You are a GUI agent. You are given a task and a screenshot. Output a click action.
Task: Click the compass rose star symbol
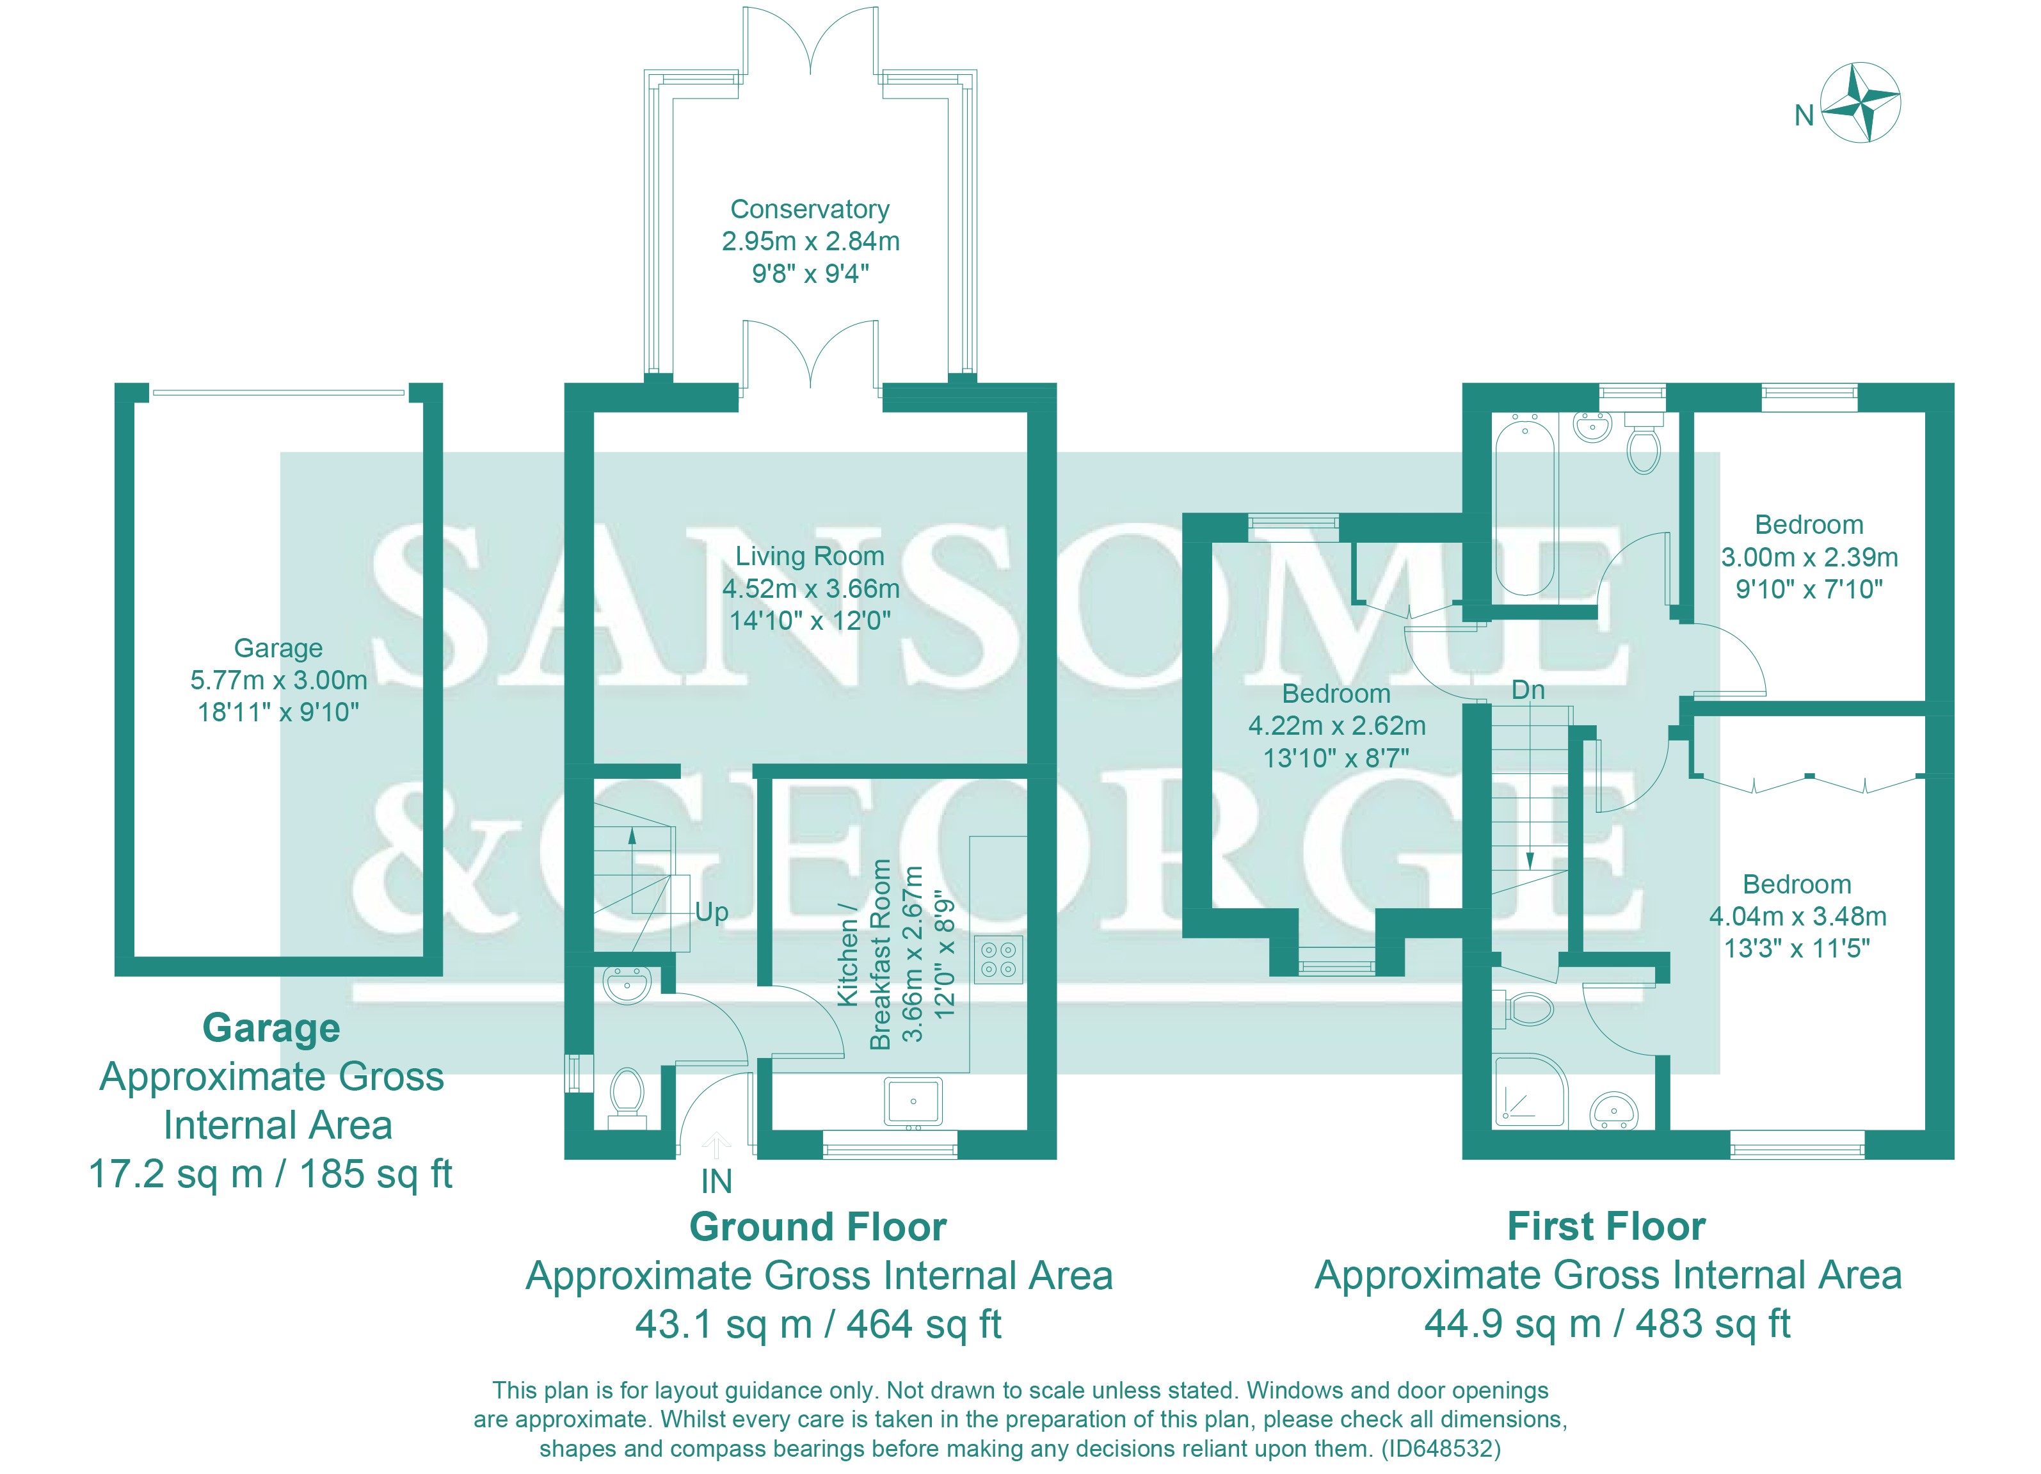[1860, 102]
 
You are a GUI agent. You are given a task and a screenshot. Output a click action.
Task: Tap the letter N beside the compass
[1804, 116]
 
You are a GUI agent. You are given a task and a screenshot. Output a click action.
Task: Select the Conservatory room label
[810, 209]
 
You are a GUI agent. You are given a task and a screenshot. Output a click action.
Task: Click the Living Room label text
[810, 556]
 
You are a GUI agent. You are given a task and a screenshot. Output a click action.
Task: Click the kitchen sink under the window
[913, 1101]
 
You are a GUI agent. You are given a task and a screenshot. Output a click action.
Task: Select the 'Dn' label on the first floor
[1528, 690]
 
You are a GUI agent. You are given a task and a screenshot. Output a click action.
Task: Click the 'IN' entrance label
[716, 1182]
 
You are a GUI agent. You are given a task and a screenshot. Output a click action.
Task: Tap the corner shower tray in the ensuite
[1530, 1091]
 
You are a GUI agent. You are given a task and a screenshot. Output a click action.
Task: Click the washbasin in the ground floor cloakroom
[627, 984]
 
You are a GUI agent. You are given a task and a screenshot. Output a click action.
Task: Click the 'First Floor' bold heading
[1606, 1226]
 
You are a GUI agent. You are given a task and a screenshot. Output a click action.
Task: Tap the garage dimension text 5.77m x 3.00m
[279, 680]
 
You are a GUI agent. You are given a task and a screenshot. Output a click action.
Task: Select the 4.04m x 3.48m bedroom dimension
[1797, 916]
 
